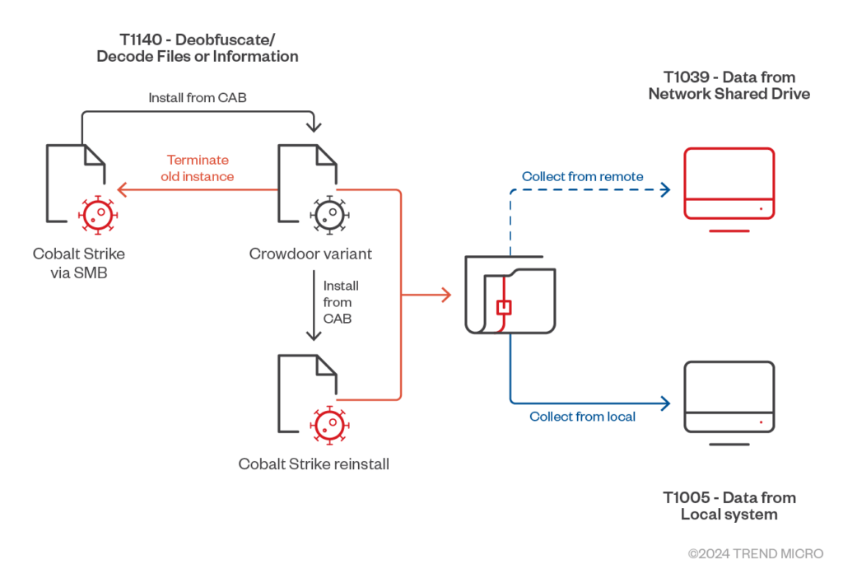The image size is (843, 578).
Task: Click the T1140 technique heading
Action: pos(197,48)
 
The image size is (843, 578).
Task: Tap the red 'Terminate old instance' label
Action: pos(198,168)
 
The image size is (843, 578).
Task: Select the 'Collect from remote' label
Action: pos(582,176)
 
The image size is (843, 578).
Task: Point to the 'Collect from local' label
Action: pos(582,417)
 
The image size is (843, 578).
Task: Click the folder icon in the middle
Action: pos(508,294)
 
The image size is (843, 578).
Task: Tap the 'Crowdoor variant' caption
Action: pos(310,254)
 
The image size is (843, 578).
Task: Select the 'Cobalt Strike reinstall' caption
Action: pos(314,464)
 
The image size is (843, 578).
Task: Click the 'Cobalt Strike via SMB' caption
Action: pos(79,262)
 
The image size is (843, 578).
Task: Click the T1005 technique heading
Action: pos(729,506)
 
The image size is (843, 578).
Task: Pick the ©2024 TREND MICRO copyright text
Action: pos(755,554)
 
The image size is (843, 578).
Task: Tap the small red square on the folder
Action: pos(504,308)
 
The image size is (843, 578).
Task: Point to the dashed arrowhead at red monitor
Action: pos(666,189)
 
